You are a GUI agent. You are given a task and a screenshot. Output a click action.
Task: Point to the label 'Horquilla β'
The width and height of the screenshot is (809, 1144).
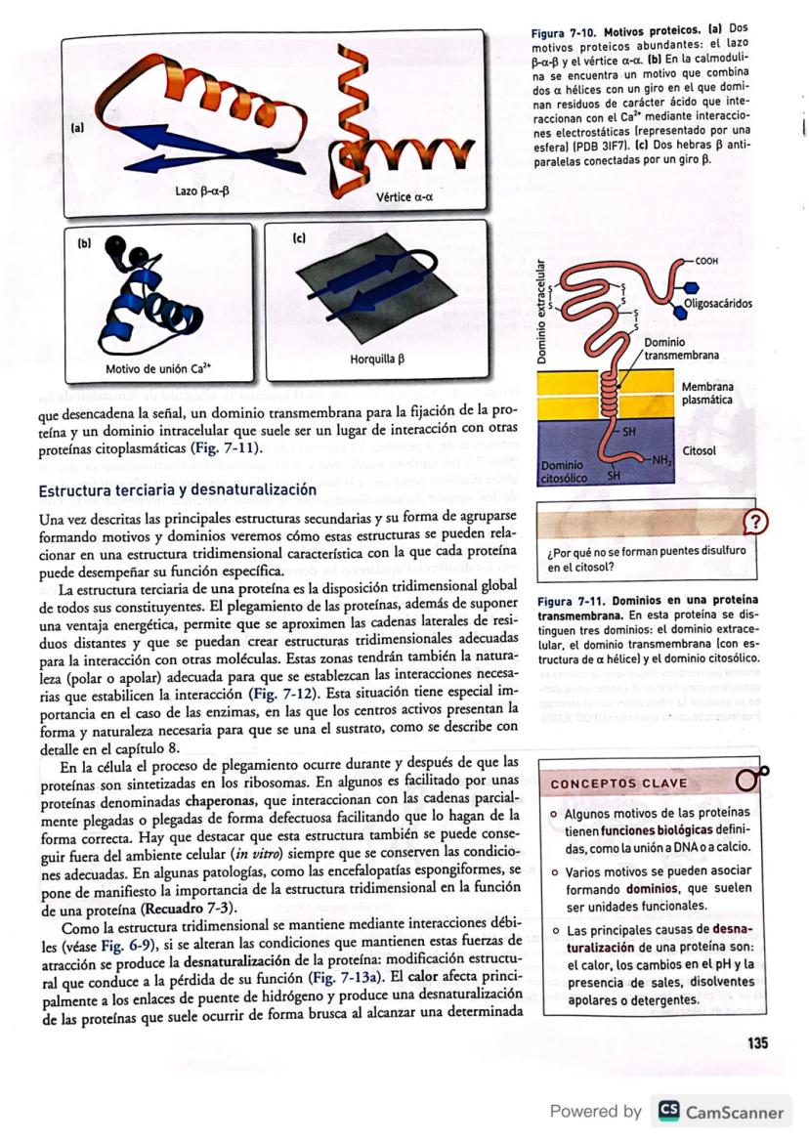pos(376,360)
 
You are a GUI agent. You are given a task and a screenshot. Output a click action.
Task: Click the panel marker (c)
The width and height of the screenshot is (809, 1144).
pos(301,237)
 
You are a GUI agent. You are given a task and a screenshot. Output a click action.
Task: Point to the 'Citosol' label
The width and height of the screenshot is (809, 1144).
pos(700,451)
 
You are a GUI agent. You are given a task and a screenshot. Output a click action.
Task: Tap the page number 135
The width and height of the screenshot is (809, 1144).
pos(757,1043)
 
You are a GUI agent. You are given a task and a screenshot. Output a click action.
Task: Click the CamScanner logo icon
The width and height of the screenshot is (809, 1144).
pos(668,1112)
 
